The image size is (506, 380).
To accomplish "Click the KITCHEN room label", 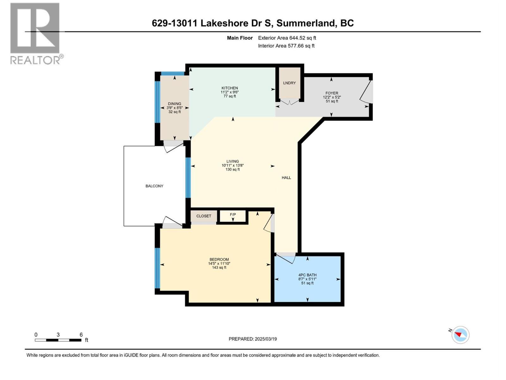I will (x=230, y=88).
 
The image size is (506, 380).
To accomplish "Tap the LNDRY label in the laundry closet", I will (x=289, y=83).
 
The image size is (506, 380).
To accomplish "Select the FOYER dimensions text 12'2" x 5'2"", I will (x=332, y=97).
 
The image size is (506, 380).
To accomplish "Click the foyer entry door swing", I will (x=367, y=92).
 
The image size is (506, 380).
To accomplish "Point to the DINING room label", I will (x=175, y=104).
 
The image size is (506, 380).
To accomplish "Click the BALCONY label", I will (x=154, y=186).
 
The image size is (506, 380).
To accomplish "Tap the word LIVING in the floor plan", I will (x=232, y=161).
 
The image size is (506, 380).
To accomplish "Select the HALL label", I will (x=286, y=178).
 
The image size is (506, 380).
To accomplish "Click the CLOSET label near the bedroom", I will (x=204, y=216).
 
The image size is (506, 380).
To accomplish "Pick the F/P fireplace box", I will (x=233, y=216).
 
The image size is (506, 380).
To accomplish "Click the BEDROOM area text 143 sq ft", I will (x=219, y=268).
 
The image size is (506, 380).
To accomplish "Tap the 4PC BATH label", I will (x=307, y=275).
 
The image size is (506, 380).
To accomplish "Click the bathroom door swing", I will (x=286, y=258).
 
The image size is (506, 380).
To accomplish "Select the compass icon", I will (x=460, y=335).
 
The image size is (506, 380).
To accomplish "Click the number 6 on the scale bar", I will (x=81, y=335).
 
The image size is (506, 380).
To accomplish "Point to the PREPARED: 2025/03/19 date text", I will (x=253, y=339).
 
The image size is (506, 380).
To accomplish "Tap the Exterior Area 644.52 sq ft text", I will (x=287, y=38).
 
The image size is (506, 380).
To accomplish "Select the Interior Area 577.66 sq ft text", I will (x=286, y=46).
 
